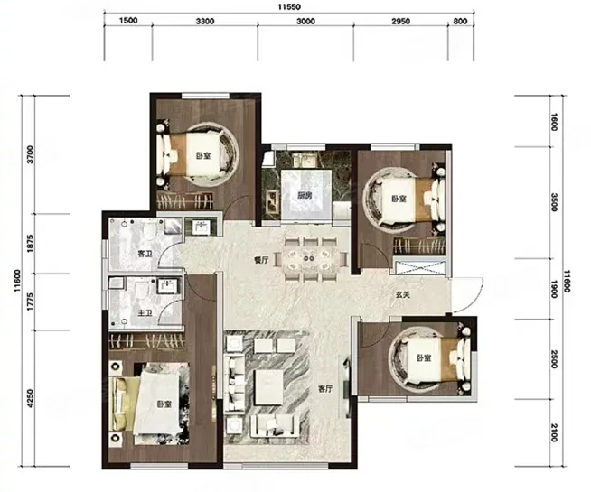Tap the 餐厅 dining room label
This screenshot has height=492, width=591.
point(261,260)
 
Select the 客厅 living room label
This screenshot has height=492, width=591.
point(325,389)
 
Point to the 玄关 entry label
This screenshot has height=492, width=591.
point(402,295)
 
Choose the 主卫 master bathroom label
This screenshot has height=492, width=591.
point(145,313)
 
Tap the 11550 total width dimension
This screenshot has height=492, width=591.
point(289,7)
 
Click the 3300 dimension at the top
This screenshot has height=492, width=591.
point(205,21)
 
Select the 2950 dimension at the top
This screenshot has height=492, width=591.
point(400,21)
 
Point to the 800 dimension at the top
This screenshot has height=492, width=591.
point(460,21)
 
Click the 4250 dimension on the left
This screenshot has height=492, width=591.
point(31,398)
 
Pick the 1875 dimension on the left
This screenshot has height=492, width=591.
point(31,244)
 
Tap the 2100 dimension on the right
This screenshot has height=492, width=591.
point(554,433)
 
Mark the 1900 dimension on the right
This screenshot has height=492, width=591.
point(554,289)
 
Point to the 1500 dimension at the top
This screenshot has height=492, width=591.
point(128,21)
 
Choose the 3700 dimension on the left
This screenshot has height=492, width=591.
point(31,154)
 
